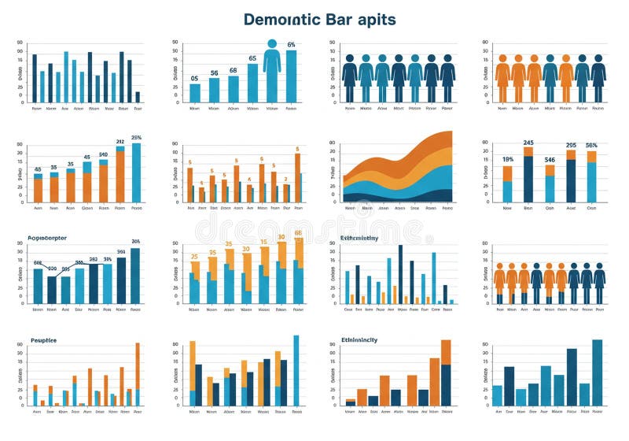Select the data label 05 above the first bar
click(x=194, y=79)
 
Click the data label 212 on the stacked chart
click(x=120, y=143)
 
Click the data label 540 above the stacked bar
click(x=103, y=155)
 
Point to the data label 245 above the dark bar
click(x=528, y=143)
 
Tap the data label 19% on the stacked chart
click(x=507, y=159)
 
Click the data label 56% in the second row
click(x=591, y=145)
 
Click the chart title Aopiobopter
click(x=47, y=237)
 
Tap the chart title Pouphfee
click(x=43, y=340)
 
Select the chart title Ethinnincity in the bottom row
click(x=359, y=339)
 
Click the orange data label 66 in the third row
click(x=298, y=233)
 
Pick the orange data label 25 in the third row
click(x=194, y=257)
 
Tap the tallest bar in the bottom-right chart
click(x=597, y=372)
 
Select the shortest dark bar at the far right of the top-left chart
click(x=138, y=97)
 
